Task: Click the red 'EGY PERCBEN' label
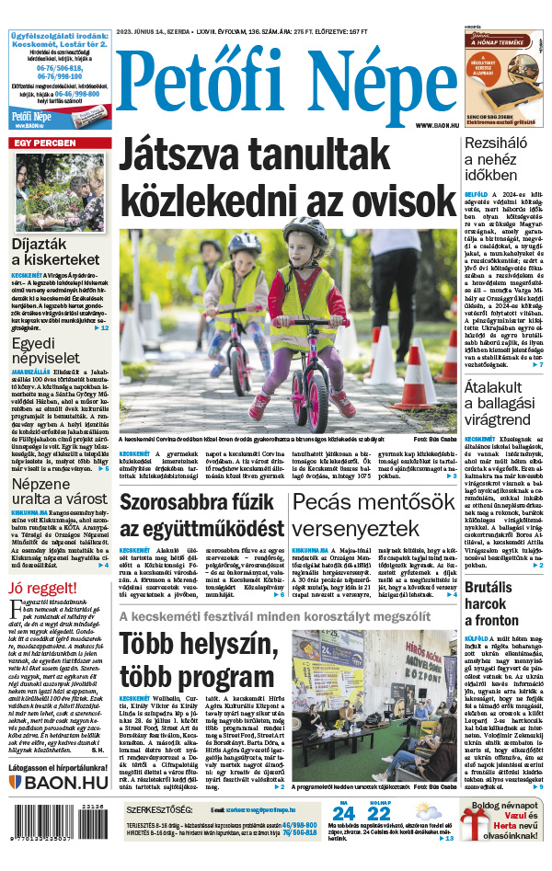(42, 143)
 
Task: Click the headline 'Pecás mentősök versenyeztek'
(374, 516)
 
